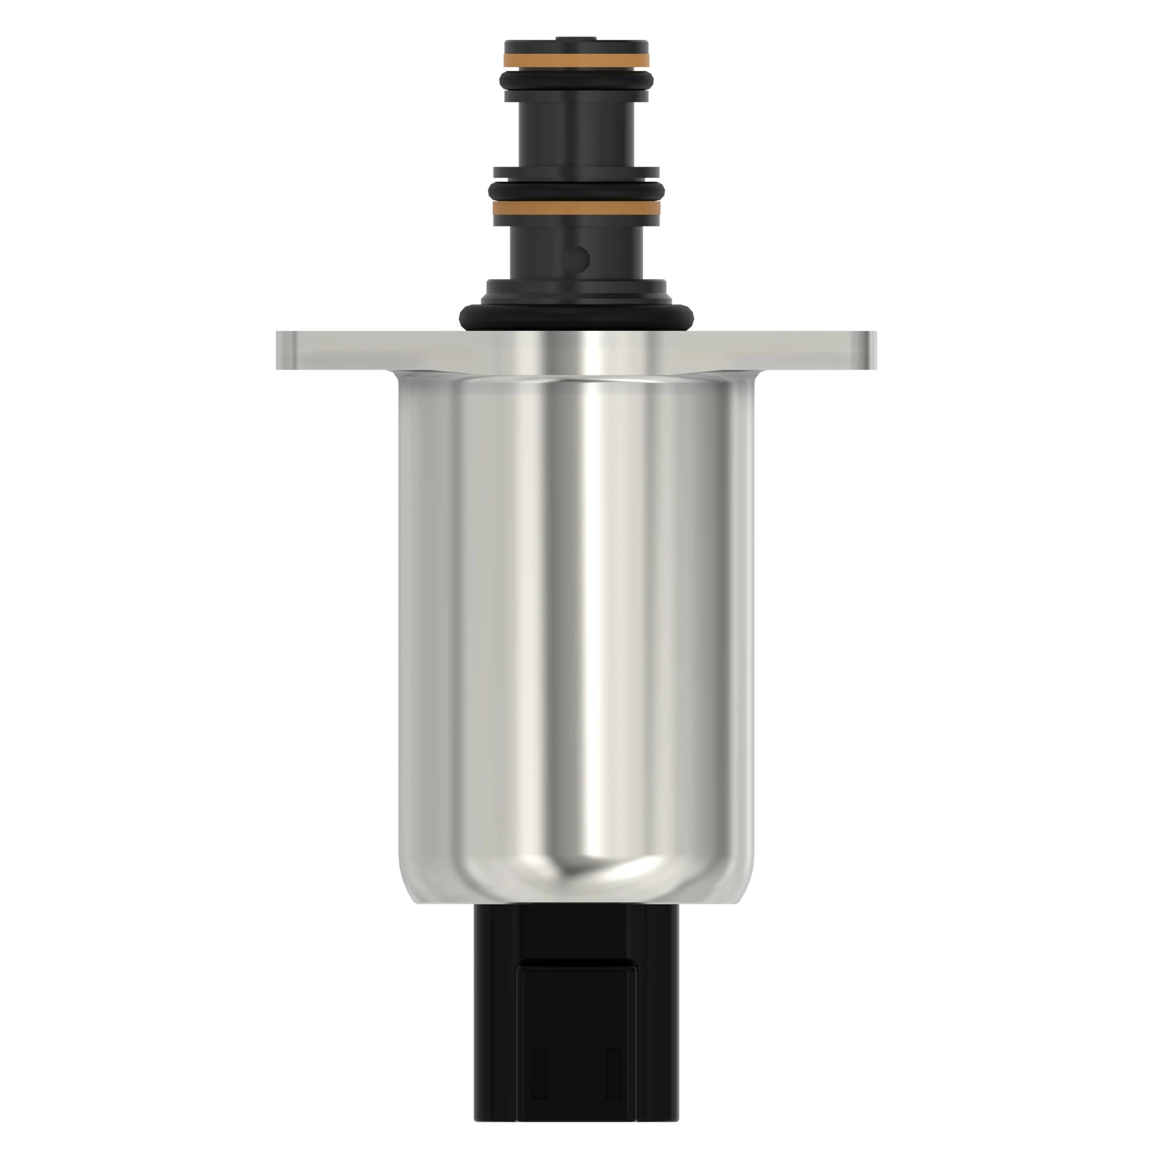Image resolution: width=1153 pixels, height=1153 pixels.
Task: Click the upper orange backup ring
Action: pyautogui.click(x=576, y=61)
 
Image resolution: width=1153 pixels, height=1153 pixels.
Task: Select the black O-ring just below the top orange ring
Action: pyautogui.click(x=576, y=80)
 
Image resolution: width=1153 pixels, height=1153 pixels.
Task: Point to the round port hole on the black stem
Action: pyautogui.click(x=578, y=258)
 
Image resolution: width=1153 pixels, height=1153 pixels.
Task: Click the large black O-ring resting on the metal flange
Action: pyautogui.click(x=576, y=316)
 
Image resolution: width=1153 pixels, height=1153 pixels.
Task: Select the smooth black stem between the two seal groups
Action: pyautogui.click(x=576, y=134)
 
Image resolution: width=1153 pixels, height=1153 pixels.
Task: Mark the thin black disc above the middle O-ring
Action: pyautogui.click(x=576, y=173)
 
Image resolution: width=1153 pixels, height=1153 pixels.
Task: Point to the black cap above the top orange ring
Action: pyautogui.click(x=576, y=46)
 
